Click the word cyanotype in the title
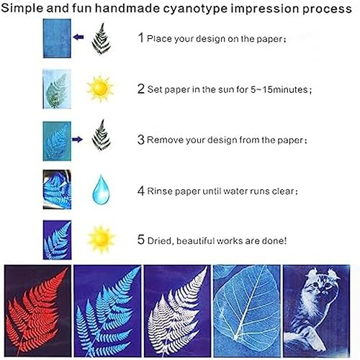coord(195,9)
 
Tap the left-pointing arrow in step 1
coord(78,37)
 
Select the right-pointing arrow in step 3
coord(77,139)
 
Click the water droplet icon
coord(101,189)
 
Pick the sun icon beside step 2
coord(100,89)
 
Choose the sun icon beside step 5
coord(101,239)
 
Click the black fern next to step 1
coord(101,38)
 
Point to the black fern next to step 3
coord(101,135)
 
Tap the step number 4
coord(141,191)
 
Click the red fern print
coord(37,310)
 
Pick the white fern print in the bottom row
coord(177,310)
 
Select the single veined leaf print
coord(247,310)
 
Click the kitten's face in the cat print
coord(320,287)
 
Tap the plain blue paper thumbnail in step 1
coord(57,38)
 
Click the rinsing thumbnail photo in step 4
coord(57,189)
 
